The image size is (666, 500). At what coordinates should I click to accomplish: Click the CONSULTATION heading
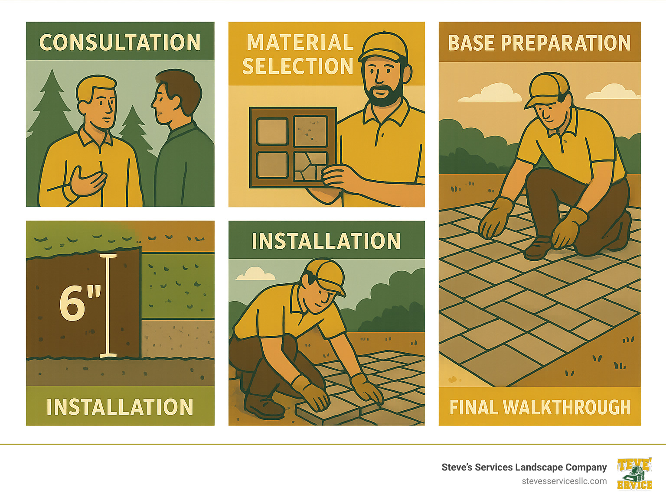[x=120, y=42]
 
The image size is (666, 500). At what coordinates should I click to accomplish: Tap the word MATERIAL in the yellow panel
[x=300, y=43]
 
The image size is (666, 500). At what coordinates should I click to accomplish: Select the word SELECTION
[x=298, y=66]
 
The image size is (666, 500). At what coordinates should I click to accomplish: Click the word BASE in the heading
[x=471, y=43]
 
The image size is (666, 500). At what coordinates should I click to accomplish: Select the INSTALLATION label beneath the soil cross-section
[x=120, y=407]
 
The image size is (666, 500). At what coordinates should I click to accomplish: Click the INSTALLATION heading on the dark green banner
[x=326, y=241]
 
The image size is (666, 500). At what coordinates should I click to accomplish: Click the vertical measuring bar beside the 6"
[x=108, y=305]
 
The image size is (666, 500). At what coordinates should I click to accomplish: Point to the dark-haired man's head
[x=176, y=95]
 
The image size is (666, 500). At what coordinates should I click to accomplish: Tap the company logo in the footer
[x=634, y=474]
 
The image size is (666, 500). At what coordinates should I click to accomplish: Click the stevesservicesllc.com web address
[x=564, y=481]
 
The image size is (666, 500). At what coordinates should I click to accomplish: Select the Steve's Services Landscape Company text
[x=524, y=467]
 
